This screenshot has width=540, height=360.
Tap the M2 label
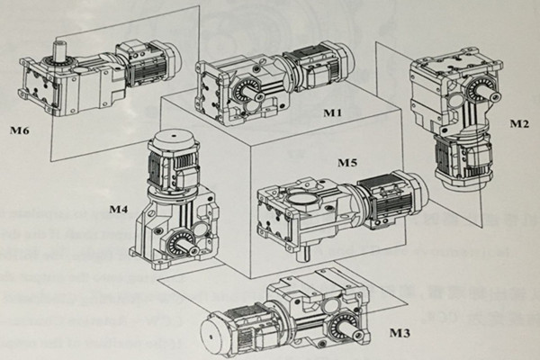click(518, 121)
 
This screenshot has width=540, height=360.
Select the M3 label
click(400, 334)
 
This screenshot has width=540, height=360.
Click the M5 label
click(347, 164)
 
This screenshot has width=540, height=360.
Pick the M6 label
click(19, 131)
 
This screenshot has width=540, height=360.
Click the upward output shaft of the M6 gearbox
click(64, 49)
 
